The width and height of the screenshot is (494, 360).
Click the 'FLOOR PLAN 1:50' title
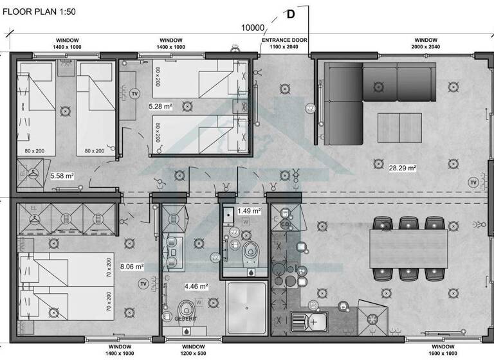point(43,12)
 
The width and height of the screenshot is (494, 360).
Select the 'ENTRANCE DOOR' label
point(284,40)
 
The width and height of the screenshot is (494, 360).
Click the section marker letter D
point(291,14)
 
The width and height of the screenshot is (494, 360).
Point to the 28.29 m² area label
point(403,168)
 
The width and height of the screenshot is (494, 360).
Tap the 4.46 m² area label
point(196,286)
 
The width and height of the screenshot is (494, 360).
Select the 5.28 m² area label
point(160,107)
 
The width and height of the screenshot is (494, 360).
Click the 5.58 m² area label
point(62,175)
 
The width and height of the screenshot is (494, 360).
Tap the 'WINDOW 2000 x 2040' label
point(425,43)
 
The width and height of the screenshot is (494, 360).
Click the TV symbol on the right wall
point(474,182)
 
